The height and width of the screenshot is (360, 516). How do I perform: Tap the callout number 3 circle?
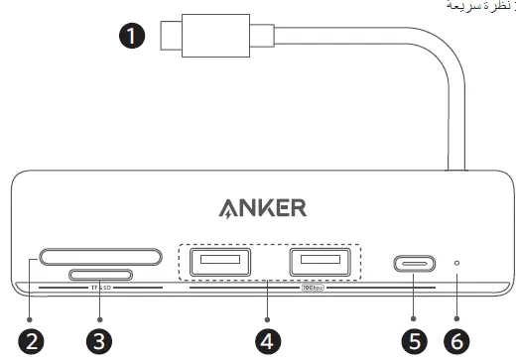[98, 340]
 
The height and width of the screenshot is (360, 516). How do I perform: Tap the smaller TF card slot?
[100, 274]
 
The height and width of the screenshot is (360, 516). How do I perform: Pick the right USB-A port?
[320, 263]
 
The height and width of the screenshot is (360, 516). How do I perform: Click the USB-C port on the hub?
[418, 265]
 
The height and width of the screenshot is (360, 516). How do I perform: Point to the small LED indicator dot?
[456, 264]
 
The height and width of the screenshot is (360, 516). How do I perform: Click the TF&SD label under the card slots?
[100, 289]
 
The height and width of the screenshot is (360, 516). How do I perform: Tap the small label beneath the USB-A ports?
[312, 290]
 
